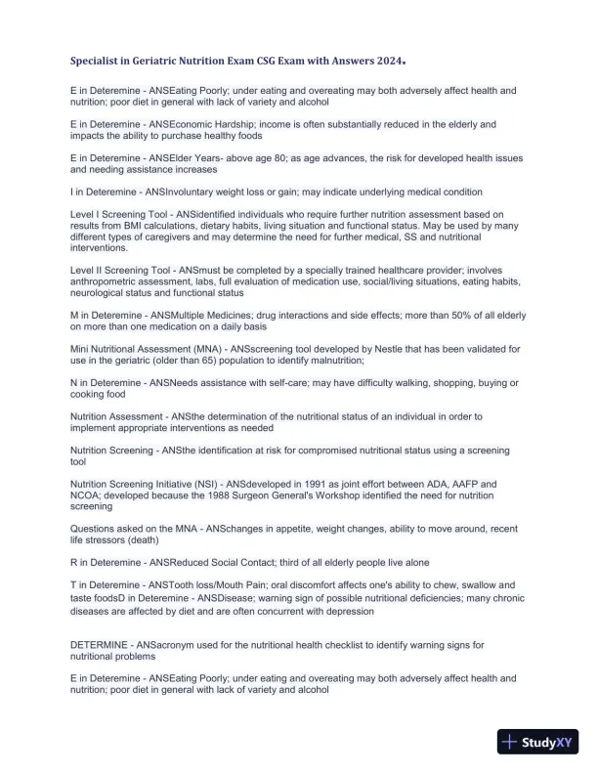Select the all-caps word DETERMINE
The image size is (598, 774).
[106, 645]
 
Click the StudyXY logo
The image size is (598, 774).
[536, 743]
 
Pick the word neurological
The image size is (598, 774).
[105, 292]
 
